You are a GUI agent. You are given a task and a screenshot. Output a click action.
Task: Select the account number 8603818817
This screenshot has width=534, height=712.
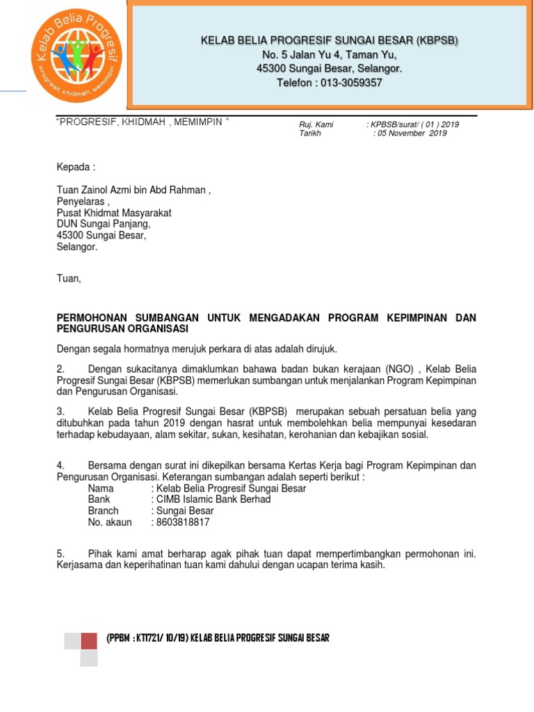(x=181, y=522)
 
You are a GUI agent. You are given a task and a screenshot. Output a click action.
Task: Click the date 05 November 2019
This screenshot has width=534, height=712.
(x=412, y=133)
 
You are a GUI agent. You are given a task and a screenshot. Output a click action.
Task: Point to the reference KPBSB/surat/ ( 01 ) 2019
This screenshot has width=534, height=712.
(x=414, y=124)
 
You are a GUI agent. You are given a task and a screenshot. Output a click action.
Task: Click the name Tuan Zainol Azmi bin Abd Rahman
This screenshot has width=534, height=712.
(x=132, y=190)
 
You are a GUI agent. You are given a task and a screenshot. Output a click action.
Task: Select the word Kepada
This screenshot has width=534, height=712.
(x=74, y=168)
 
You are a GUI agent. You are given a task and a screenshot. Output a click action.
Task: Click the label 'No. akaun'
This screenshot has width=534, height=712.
(x=110, y=522)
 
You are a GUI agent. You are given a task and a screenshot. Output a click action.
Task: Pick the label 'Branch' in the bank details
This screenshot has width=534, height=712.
(x=104, y=510)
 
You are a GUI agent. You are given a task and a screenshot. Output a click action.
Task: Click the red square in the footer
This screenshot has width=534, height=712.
(x=89, y=640)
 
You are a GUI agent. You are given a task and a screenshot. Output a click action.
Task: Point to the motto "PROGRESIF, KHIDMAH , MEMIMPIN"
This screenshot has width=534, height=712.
(x=143, y=122)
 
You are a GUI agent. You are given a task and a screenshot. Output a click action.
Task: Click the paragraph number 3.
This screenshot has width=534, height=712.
(x=60, y=412)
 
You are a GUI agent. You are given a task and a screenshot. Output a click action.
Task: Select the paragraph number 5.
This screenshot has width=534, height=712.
(x=60, y=554)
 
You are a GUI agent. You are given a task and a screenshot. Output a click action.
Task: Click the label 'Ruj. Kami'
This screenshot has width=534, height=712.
(x=316, y=124)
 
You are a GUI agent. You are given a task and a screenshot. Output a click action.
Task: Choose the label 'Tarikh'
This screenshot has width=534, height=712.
(x=310, y=133)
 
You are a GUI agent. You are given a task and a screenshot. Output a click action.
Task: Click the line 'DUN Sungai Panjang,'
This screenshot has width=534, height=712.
(x=103, y=224)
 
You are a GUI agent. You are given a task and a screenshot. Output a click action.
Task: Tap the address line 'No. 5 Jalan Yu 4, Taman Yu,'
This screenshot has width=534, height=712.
(x=330, y=55)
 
